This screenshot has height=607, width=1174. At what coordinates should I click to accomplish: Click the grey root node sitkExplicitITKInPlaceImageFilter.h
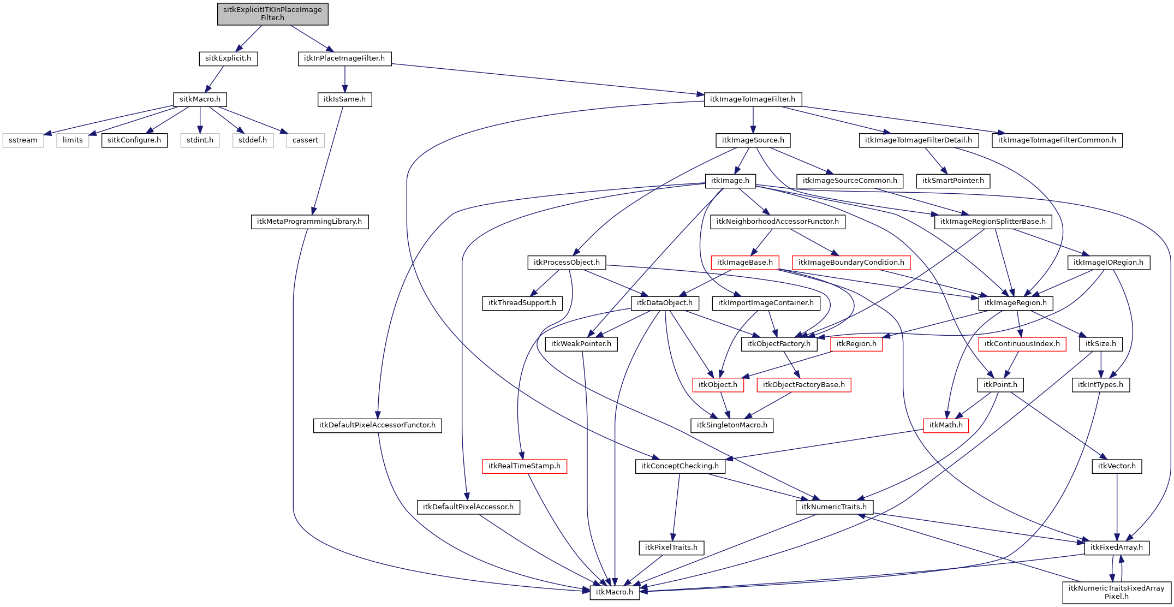tap(272, 14)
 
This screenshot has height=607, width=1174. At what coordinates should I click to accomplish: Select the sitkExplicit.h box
tap(228, 58)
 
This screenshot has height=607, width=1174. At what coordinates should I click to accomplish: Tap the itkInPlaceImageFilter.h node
tap(344, 58)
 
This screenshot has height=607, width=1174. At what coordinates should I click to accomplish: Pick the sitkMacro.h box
tap(200, 99)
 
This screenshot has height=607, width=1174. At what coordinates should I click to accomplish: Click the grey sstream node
tap(23, 140)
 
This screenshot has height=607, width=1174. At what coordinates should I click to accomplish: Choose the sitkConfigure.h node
tap(134, 140)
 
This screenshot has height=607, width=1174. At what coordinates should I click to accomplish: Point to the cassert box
tap(305, 140)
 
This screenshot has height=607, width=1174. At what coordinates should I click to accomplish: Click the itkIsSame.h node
tap(344, 99)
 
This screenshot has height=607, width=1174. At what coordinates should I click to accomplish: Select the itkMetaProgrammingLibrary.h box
tap(309, 222)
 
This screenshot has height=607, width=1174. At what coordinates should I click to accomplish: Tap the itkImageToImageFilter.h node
tap(753, 99)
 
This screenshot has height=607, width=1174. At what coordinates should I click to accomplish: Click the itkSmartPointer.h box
tap(953, 181)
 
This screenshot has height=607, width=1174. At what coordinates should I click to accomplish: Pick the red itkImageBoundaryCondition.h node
tap(851, 263)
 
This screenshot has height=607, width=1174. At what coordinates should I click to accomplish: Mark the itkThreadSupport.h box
tap(522, 303)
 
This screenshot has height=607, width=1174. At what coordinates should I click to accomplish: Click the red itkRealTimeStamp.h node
tap(525, 466)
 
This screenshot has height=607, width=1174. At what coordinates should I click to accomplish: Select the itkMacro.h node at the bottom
tap(615, 592)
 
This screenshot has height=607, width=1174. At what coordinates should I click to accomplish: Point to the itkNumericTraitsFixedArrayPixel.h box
tap(1116, 592)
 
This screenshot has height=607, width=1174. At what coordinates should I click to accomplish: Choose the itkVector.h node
tap(1117, 466)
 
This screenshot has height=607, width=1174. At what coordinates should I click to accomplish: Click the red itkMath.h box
tap(946, 425)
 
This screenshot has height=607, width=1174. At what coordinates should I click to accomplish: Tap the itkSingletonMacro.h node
tap(732, 425)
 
